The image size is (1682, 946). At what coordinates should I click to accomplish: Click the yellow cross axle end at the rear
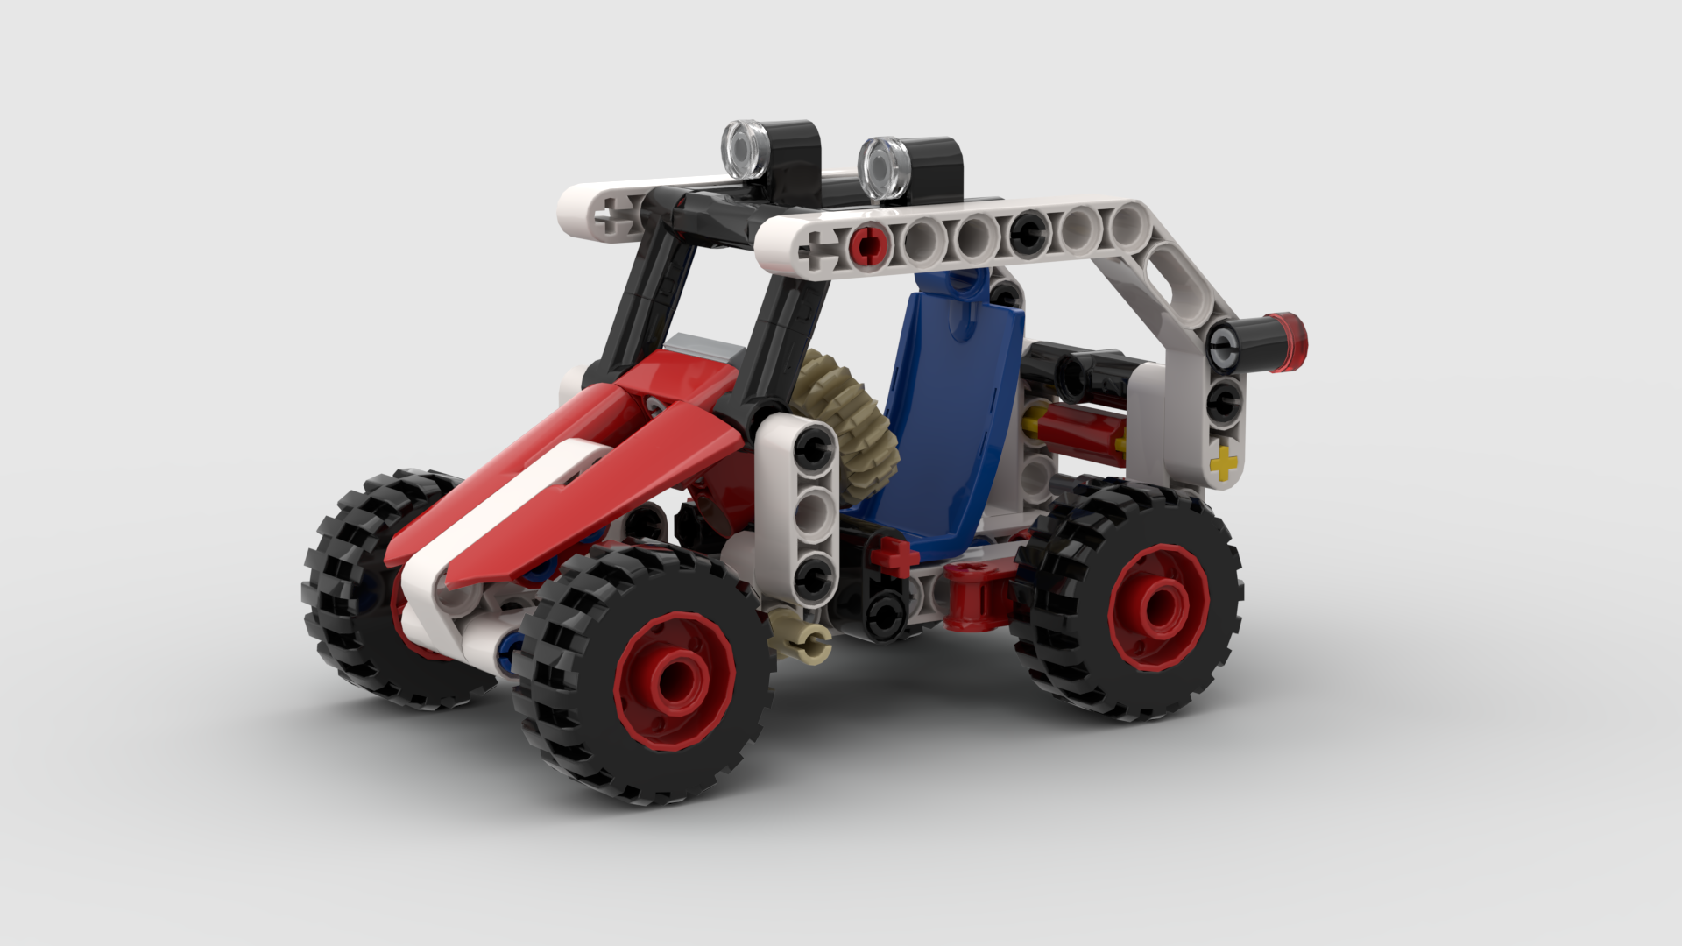pos(1224,462)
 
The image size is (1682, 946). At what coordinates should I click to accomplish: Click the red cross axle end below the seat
pos(894,554)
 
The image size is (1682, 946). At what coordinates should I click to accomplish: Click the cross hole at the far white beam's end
pos(605,216)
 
